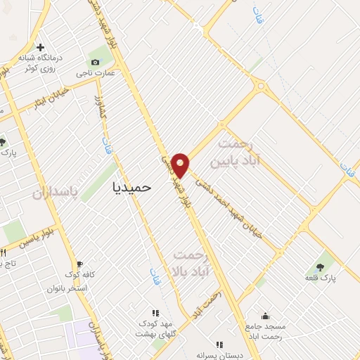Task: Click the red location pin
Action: point(181,164)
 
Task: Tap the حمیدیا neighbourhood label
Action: point(131,188)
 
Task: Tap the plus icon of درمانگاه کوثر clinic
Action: point(41,46)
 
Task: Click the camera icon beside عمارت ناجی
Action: point(95,62)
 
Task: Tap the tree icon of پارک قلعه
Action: point(321,266)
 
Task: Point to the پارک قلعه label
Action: point(321,278)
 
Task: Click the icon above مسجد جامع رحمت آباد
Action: point(264,316)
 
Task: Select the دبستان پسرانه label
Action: point(219,356)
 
